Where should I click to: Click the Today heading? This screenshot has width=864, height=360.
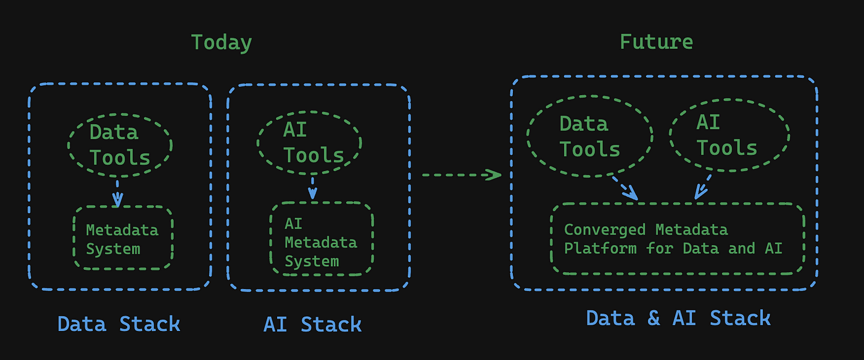tap(222, 43)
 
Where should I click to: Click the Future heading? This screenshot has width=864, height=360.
tap(656, 41)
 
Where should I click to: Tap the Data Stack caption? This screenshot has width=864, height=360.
tap(118, 324)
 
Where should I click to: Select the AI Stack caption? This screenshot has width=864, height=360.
tap(312, 324)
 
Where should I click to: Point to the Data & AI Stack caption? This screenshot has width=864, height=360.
tap(678, 319)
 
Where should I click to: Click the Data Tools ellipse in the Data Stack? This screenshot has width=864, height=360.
tap(69, 146)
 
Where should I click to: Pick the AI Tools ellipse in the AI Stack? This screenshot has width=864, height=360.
tap(257, 143)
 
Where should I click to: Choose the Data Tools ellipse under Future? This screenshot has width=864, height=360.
tap(527, 136)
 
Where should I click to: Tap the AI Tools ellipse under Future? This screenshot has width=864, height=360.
tap(670, 135)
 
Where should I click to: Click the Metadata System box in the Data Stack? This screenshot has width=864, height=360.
tap(73, 238)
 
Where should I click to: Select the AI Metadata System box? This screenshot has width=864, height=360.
tap(270, 238)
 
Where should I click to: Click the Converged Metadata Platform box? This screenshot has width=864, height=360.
tap(551, 238)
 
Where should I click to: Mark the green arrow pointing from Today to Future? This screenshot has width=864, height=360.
tap(462, 175)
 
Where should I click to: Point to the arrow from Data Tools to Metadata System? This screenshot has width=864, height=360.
tap(118, 193)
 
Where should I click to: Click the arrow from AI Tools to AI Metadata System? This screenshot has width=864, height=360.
tap(312, 188)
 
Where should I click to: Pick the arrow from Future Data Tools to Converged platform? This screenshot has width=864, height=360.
tap(625, 188)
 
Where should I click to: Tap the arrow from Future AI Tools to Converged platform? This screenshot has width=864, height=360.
tap(703, 187)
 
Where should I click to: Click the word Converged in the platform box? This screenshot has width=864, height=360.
tap(604, 230)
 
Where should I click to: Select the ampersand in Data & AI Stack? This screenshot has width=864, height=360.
tap(654, 319)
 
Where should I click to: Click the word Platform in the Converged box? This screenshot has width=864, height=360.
tap(600, 248)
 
